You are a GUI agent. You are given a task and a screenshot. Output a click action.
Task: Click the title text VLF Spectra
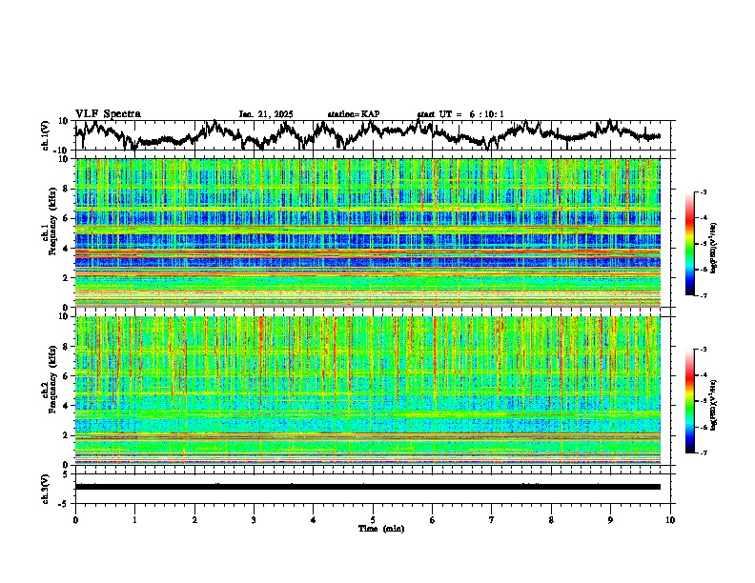108,114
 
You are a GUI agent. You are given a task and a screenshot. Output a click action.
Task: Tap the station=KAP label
353,114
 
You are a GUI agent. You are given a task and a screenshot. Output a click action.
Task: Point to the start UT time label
460,114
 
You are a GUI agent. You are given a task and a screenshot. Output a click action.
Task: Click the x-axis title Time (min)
380,528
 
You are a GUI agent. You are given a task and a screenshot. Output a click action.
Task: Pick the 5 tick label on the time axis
373,520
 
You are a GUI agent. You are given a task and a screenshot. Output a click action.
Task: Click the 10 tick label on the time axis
670,520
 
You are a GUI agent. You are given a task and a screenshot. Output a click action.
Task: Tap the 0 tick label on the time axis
75,520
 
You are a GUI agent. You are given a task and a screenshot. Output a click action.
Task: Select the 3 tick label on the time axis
254,520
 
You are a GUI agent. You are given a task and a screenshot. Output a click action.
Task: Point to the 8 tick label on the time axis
551,520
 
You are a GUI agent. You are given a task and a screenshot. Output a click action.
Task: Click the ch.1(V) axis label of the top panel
47,134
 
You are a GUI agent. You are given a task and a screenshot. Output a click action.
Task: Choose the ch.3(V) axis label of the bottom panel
47,487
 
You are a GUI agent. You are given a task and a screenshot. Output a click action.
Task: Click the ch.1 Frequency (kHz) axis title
49,232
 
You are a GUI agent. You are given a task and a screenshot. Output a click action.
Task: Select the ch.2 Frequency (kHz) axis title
49,390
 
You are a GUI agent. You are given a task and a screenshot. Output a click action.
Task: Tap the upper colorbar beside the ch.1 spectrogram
701,244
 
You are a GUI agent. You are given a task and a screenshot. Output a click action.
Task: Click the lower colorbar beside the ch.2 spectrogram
701,401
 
